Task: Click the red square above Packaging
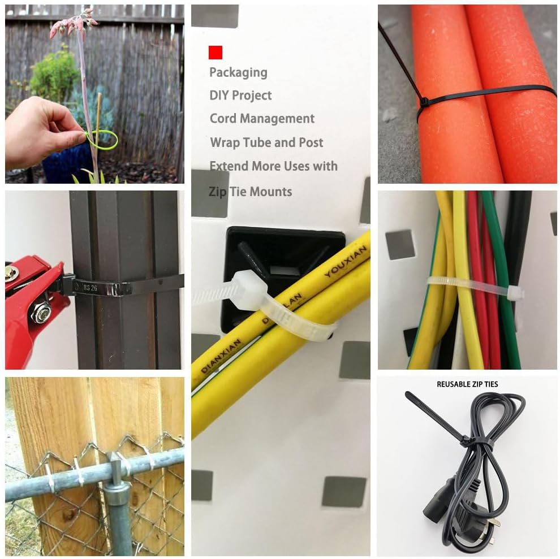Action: tap(215, 53)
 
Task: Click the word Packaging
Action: tap(238, 72)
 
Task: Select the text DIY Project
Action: tap(240, 96)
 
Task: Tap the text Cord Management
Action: tap(262, 119)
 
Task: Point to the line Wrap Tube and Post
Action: tap(266, 142)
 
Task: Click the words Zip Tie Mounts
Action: tap(251, 192)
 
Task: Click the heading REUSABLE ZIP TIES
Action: tap(467, 384)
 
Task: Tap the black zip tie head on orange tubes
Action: tap(423, 103)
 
